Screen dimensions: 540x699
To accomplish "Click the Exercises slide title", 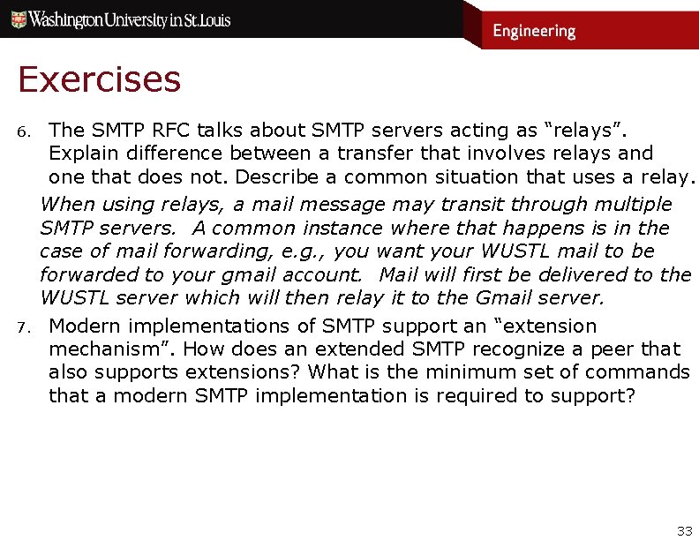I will pyautogui.click(x=99, y=79).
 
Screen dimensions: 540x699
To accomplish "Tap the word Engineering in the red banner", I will pyautogui.click(x=534, y=31).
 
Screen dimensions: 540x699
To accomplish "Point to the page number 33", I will pyautogui.click(x=684, y=530).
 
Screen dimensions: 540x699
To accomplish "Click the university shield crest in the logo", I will pyautogui.click(x=17, y=19).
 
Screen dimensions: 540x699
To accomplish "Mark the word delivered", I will pyautogui.click(x=565, y=274).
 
